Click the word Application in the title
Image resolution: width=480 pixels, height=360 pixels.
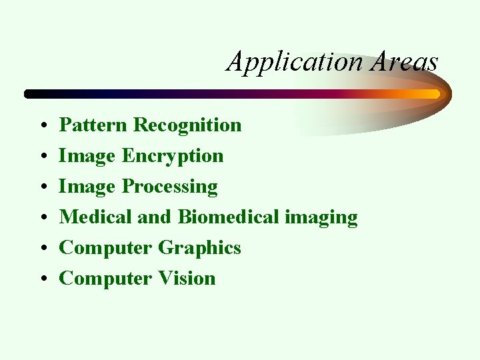294,62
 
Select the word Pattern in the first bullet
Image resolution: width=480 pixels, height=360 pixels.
93,125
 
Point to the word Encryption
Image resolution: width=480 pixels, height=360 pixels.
173,156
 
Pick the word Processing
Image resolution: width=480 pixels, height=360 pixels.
169,187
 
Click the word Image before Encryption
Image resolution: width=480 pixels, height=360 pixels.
87,156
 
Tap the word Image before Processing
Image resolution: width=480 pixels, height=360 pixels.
87,187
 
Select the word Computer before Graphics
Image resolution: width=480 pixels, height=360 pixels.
105,248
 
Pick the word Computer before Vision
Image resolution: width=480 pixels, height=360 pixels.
105,279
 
